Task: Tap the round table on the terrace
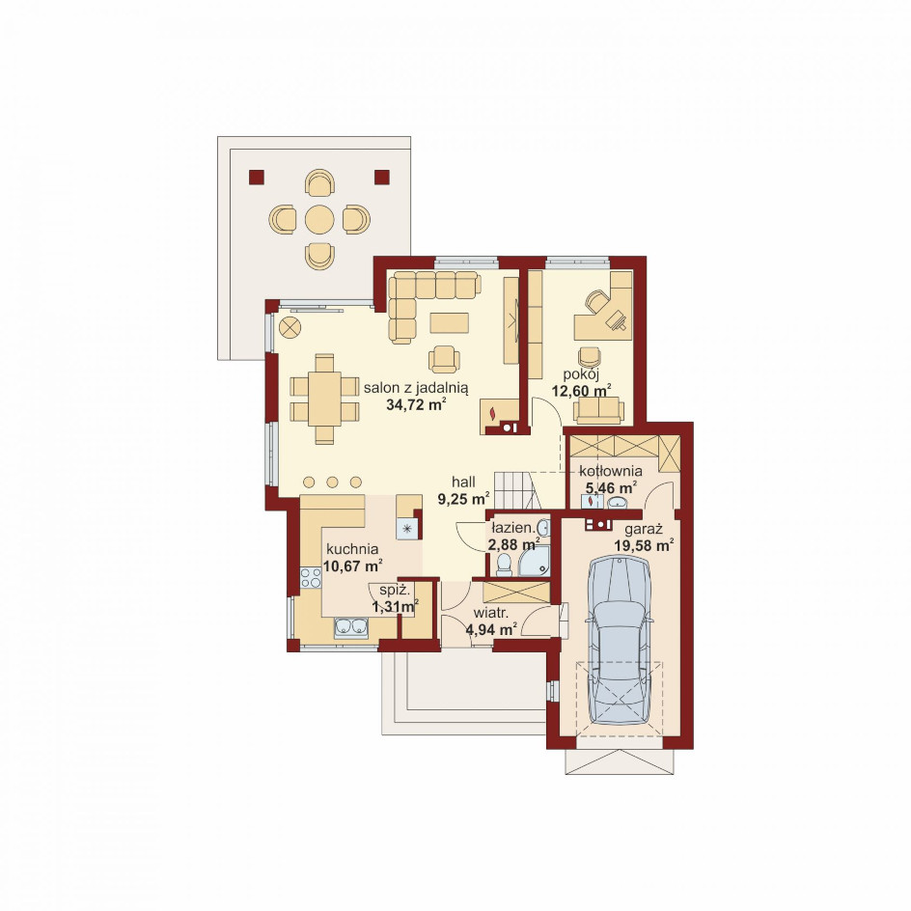click(x=319, y=220)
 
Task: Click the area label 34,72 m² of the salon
click(x=416, y=405)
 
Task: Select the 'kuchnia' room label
click(x=352, y=549)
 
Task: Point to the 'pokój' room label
click(x=581, y=374)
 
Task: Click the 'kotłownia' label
click(x=611, y=471)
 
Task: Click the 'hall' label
click(x=463, y=482)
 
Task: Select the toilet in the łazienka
click(x=504, y=564)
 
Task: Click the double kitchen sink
click(x=351, y=627)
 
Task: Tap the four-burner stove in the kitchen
click(x=311, y=578)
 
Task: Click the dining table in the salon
click(x=324, y=400)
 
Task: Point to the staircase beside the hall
click(x=514, y=490)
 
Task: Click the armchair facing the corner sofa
click(x=444, y=359)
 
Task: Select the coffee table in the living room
click(x=449, y=323)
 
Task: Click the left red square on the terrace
click(x=257, y=178)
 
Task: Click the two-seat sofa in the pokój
click(x=598, y=410)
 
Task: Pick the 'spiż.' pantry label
click(x=395, y=591)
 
